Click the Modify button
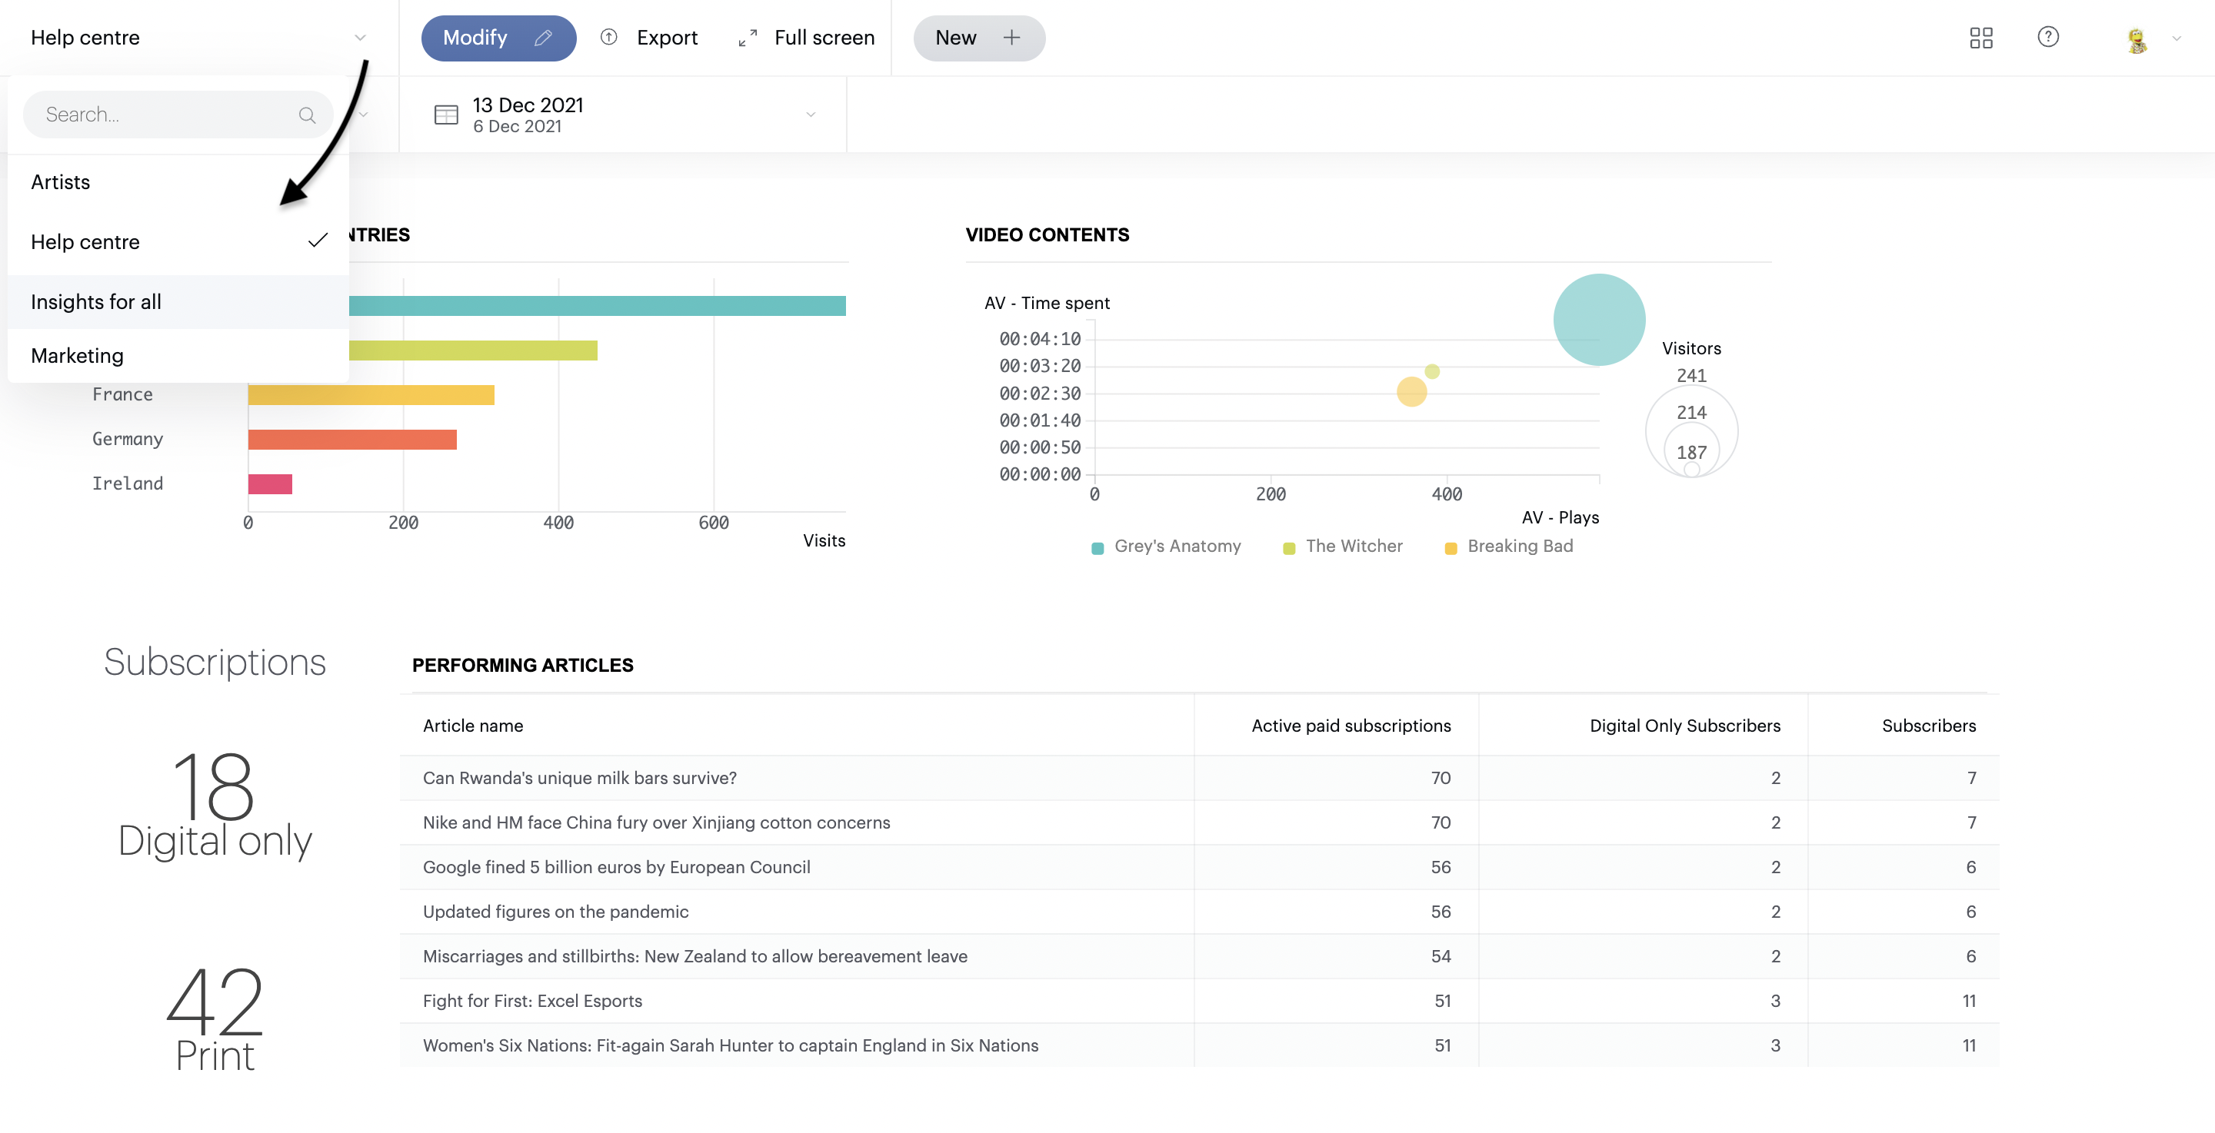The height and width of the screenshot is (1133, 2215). tap(497, 38)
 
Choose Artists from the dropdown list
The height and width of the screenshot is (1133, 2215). tap(60, 182)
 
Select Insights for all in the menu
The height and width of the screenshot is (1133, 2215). tap(95, 302)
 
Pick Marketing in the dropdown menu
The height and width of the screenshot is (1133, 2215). tap(77, 356)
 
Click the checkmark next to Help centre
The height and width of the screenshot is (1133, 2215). tap(318, 241)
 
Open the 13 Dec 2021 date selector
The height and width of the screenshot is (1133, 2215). tap(624, 115)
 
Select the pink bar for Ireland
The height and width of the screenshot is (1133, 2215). tap(270, 484)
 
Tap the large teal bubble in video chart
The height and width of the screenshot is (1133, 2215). tap(1597, 320)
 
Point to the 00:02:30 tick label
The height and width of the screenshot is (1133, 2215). tap(1039, 394)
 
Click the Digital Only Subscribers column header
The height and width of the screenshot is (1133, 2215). tap(1684, 726)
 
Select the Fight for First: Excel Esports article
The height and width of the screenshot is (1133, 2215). tap(531, 1001)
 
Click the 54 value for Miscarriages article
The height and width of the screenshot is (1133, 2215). tap(1441, 956)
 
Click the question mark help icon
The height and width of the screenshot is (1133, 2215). tap(2047, 37)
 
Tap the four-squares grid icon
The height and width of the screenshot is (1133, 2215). tap(1980, 38)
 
